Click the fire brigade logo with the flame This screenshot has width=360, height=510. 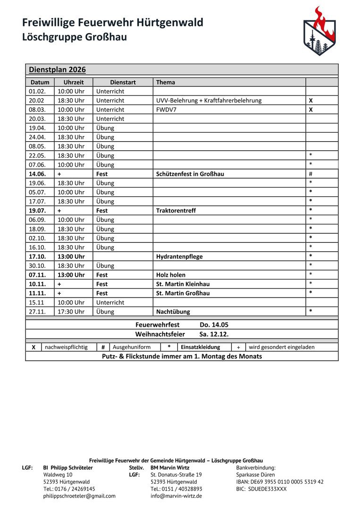(x=319, y=31)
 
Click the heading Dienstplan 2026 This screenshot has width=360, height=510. (x=57, y=70)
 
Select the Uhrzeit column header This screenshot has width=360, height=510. (x=73, y=82)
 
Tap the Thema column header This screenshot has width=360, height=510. (x=166, y=82)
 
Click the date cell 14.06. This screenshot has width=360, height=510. (x=37, y=174)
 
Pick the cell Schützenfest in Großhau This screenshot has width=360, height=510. (x=190, y=174)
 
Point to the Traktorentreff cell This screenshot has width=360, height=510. (x=176, y=211)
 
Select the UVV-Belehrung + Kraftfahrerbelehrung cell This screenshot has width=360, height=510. (x=209, y=101)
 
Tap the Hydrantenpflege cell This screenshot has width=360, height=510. (x=179, y=256)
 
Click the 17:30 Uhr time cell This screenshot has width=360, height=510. (x=71, y=312)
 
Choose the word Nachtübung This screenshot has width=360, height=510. (x=173, y=312)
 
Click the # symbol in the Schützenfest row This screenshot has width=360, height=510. (x=310, y=174)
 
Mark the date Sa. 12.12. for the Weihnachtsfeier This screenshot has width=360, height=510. (x=214, y=334)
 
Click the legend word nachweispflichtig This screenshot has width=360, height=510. (x=66, y=347)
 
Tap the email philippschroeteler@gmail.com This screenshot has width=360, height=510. (x=79, y=496)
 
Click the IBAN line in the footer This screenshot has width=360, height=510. (x=280, y=482)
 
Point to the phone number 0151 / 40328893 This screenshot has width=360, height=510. (x=176, y=489)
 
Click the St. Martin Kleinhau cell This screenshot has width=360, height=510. (x=183, y=284)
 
